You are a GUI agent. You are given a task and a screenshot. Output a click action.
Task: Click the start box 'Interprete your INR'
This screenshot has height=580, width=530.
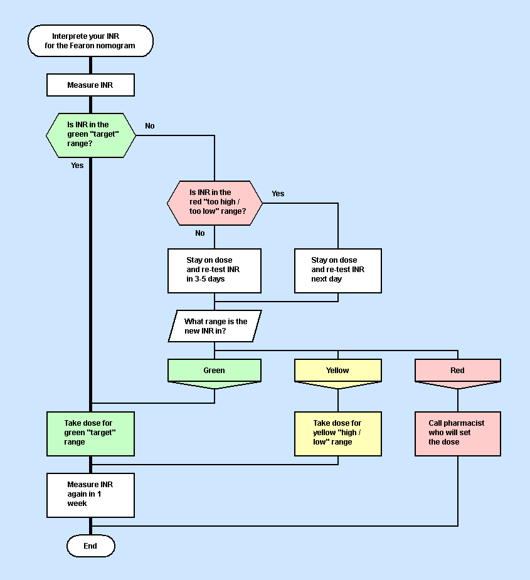point(90,41)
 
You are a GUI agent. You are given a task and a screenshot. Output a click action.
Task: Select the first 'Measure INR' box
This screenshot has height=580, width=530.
point(90,85)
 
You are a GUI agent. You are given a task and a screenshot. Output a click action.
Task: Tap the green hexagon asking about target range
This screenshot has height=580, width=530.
point(91,135)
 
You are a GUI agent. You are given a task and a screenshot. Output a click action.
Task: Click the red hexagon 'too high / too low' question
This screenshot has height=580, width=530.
point(214,203)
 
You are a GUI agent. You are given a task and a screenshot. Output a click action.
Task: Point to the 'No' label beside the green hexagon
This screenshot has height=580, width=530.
point(150,126)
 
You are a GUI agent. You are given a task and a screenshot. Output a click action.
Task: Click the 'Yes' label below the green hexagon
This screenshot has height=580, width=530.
point(77,166)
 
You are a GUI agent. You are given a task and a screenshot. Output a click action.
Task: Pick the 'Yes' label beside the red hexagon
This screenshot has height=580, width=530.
point(278,194)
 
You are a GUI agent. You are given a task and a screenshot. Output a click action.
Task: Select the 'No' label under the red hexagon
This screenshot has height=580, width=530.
point(200,233)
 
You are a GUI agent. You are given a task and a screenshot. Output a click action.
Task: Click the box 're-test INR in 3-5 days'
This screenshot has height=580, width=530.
point(214,270)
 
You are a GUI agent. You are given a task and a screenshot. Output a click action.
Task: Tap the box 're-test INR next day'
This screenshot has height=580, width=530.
point(337,270)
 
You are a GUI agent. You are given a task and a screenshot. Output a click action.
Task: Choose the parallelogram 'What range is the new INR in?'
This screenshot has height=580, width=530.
point(215,326)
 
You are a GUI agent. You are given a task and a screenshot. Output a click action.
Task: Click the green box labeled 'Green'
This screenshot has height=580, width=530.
point(214,371)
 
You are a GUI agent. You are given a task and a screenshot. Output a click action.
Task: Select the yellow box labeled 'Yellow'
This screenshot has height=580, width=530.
point(337,371)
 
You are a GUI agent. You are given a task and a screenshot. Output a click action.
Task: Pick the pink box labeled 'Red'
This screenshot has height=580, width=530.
point(457,371)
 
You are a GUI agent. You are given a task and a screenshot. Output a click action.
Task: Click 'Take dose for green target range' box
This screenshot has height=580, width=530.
point(90,433)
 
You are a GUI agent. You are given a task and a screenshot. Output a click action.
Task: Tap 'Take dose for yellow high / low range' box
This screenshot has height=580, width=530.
point(337,433)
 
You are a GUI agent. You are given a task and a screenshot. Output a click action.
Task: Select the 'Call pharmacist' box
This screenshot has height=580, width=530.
point(457,433)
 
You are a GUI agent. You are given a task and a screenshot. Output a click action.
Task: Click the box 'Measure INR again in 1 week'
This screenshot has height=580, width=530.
point(90,494)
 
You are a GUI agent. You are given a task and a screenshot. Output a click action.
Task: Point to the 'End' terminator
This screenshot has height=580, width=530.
point(90,546)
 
